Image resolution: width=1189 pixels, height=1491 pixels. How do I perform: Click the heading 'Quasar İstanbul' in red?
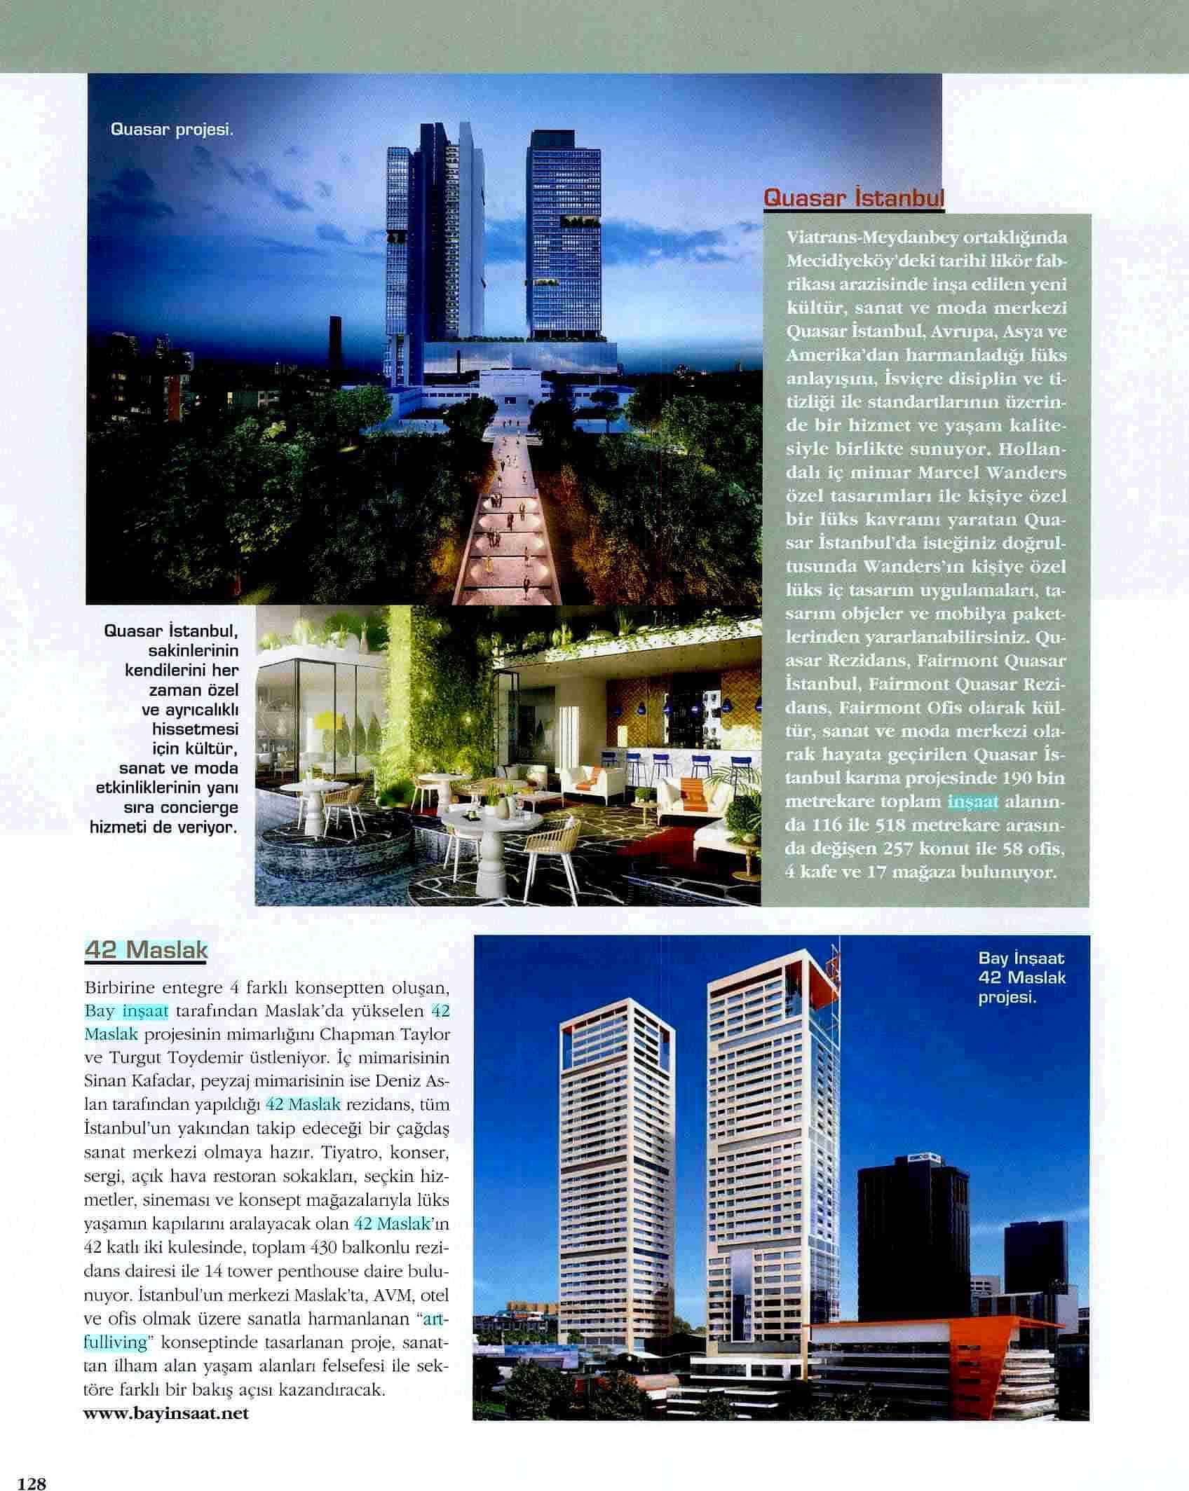pos(852,198)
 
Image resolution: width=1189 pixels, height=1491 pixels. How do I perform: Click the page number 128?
pos(32,1479)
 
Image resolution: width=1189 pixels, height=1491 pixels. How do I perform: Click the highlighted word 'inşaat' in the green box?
pos(972,802)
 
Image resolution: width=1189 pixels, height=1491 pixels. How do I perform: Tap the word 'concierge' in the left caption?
pos(199,807)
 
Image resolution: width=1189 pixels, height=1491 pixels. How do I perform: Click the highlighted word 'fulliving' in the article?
pos(116,1342)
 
